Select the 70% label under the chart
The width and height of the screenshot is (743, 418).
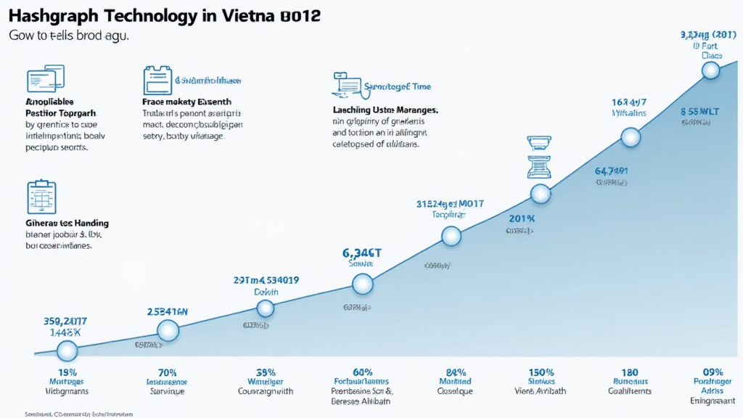tap(166, 372)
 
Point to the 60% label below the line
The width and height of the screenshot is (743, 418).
tap(361, 372)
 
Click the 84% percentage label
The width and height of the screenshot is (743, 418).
tap(455, 372)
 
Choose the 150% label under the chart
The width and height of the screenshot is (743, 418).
tap(541, 372)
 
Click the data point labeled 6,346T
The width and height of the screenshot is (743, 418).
tap(362, 284)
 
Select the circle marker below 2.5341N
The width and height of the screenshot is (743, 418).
tap(168, 331)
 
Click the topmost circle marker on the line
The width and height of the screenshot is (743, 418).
tap(710, 70)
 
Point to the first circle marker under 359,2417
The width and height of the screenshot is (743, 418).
tap(67, 351)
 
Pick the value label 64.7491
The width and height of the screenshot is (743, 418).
tap(611, 172)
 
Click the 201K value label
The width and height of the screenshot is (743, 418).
tap(521, 218)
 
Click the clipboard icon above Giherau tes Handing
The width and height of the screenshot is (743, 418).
tap(41, 197)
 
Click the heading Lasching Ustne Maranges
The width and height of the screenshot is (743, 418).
tap(385, 110)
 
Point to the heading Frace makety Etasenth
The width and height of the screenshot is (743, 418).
tap(186, 103)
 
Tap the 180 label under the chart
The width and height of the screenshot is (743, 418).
tap(629, 372)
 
